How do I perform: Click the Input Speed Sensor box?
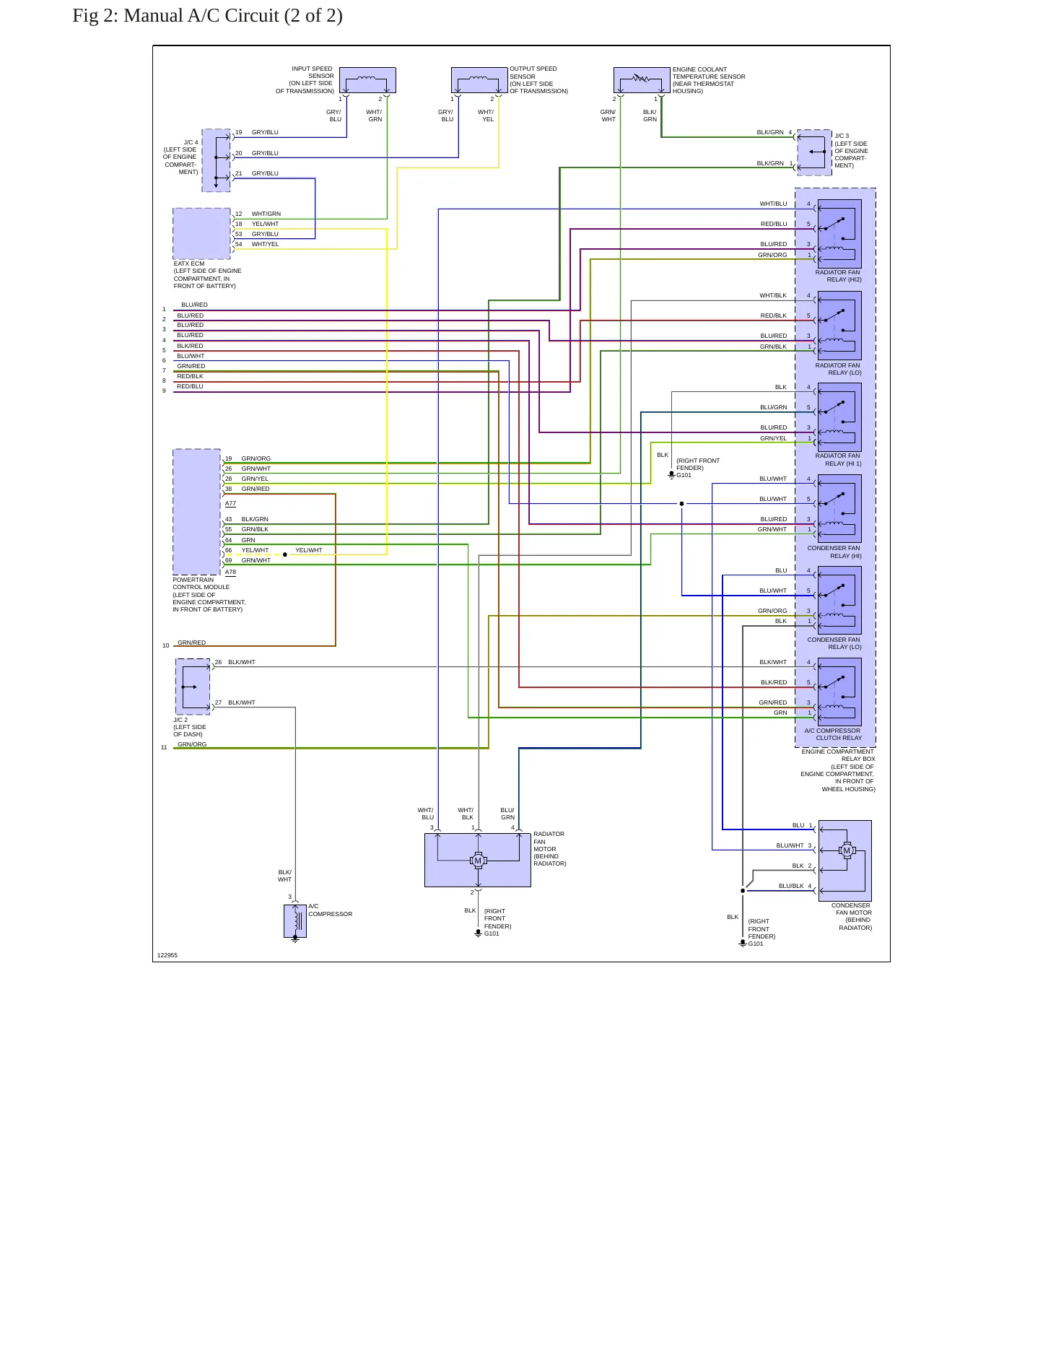(367, 80)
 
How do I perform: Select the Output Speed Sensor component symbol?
(479, 80)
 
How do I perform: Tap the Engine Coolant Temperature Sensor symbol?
(642, 80)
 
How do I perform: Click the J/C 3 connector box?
(814, 152)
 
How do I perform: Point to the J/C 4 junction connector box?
(216, 160)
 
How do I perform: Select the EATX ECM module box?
(201, 233)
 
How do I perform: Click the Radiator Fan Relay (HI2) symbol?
(839, 234)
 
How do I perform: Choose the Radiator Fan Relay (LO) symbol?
(839, 326)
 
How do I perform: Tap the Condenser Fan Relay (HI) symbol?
(839, 508)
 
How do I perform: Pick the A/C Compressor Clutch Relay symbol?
(839, 692)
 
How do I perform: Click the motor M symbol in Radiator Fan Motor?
(478, 861)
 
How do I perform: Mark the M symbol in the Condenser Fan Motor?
(847, 850)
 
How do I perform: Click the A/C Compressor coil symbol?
(295, 921)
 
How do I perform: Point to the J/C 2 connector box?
(193, 687)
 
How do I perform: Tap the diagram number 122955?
(167, 955)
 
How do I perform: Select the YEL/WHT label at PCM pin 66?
(255, 550)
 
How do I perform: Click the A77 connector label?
(230, 503)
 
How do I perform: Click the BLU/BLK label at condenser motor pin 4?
(791, 886)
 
